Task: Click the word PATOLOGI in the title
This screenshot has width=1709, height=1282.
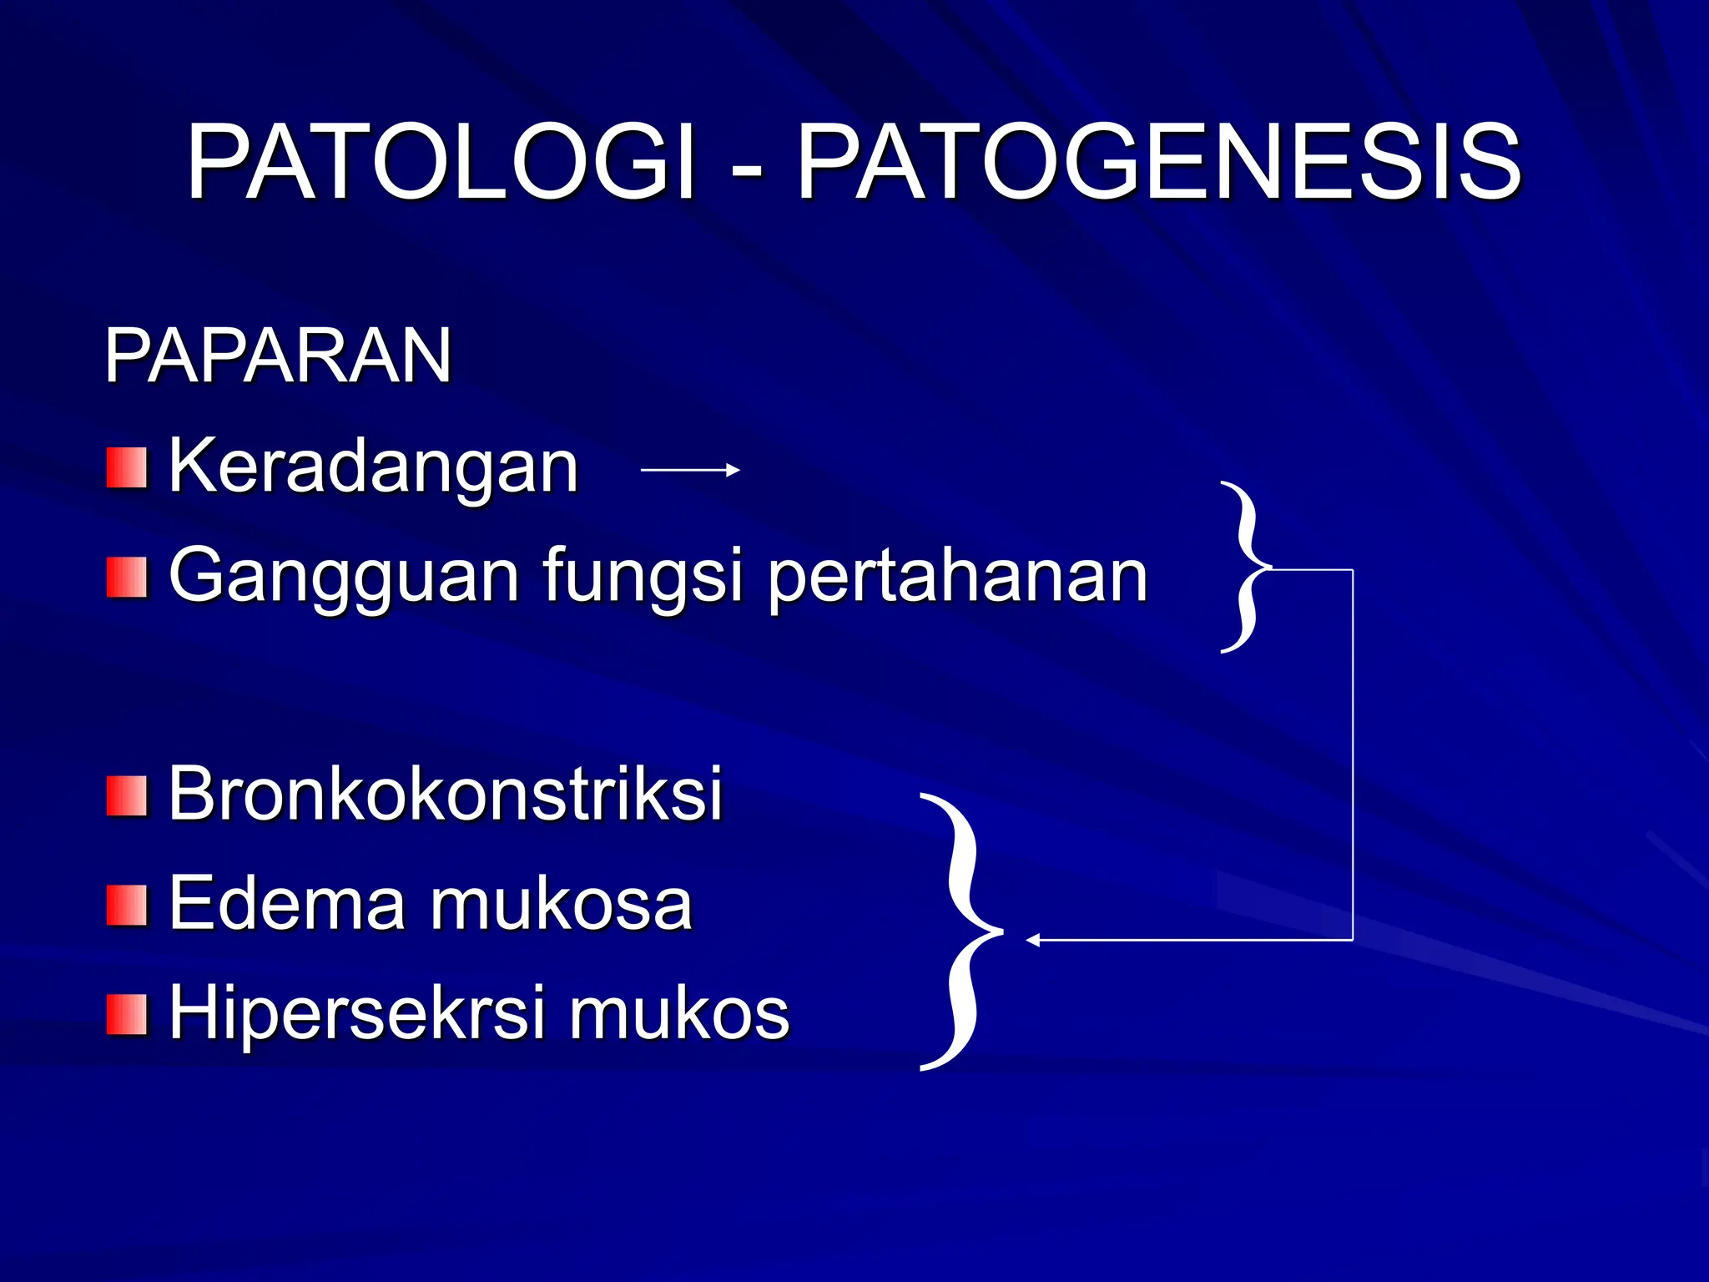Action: [x=440, y=163]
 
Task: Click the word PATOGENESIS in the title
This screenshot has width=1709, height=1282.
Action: [x=1158, y=163]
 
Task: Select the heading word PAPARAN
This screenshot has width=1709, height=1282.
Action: [x=277, y=356]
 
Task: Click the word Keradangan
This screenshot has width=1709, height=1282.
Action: [x=373, y=467]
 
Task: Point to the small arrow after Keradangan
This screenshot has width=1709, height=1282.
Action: [x=690, y=471]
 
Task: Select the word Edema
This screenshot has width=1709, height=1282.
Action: [x=286, y=904]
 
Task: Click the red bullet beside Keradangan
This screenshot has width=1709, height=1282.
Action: [x=126, y=468]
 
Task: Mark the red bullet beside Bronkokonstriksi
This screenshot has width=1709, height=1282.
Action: [x=126, y=795]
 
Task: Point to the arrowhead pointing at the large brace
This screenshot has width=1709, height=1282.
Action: [x=1033, y=941]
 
